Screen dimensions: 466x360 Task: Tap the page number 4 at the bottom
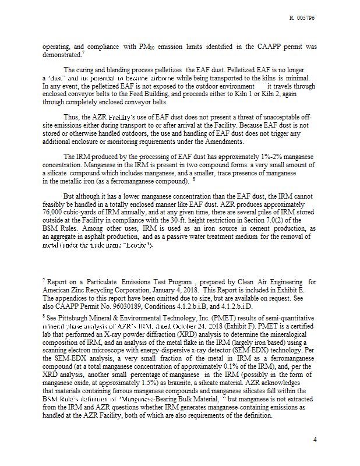click(x=315, y=440)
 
